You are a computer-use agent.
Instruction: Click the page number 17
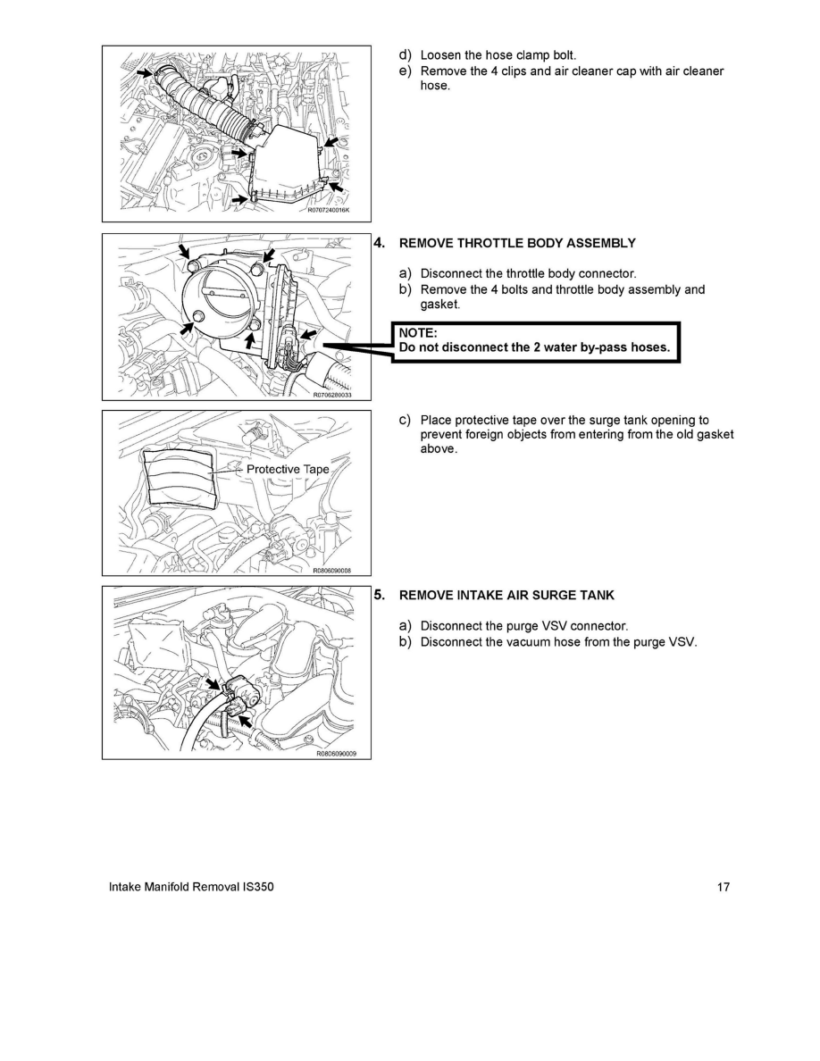[x=724, y=887]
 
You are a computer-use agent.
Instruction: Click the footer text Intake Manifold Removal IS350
[x=191, y=887]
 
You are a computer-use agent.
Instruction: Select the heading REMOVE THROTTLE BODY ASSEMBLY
[x=517, y=243]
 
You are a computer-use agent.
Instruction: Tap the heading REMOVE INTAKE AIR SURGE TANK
[x=506, y=596]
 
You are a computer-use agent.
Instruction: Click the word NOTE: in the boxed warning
[x=418, y=333]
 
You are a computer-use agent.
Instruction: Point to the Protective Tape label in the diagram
[x=288, y=469]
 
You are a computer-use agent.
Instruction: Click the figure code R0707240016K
[x=328, y=211]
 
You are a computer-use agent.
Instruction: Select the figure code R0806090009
[x=336, y=754]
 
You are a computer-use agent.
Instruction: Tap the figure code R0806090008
[x=332, y=571]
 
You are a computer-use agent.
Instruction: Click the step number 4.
[x=379, y=243]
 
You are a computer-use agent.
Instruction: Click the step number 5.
[x=379, y=596]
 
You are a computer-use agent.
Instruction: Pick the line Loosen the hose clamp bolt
[x=498, y=55]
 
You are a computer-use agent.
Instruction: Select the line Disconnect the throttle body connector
[x=529, y=274]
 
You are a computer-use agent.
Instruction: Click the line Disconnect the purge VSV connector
[x=524, y=627]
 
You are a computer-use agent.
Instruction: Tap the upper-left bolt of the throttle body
[x=195, y=263]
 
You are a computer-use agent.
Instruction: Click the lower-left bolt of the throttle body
[x=199, y=318]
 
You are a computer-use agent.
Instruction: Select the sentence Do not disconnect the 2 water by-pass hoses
[x=534, y=347]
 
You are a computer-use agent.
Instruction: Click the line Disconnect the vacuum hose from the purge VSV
[x=559, y=642]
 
